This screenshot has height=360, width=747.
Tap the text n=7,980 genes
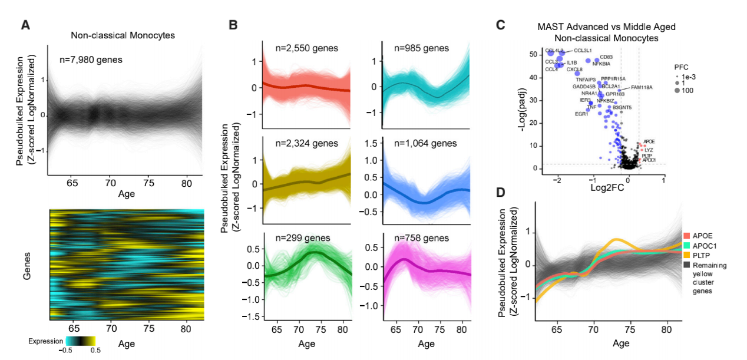[x=91, y=59]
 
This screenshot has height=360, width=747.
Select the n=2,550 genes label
[x=307, y=48]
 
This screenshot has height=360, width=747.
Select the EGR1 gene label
[x=581, y=114]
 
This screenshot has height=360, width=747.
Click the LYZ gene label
[x=649, y=150]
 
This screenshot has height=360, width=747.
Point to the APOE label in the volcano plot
[x=649, y=141]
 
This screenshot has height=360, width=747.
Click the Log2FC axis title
[x=606, y=187]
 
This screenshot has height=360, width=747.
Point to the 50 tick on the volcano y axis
[x=533, y=54]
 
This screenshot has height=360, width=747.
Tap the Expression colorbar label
[x=45, y=341]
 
